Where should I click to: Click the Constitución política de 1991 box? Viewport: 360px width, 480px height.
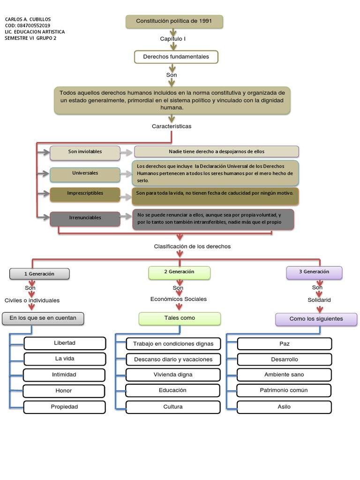point(174,22)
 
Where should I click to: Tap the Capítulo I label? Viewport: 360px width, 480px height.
point(172,39)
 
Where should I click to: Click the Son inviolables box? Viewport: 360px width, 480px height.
point(85,152)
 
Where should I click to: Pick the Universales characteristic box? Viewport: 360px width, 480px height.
point(85,173)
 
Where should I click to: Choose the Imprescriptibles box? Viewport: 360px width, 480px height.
point(85,194)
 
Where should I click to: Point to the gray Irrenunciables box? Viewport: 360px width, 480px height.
point(85,218)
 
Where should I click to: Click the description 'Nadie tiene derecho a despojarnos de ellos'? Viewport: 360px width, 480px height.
point(216,152)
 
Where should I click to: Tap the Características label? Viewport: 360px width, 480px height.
point(172,126)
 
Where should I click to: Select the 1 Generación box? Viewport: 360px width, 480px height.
point(39,274)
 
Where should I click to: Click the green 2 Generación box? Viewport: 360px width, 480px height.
point(179,272)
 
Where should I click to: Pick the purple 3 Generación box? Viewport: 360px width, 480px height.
point(314,272)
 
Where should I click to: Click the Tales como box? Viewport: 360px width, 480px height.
point(180,318)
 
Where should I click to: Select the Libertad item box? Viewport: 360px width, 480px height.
point(65,343)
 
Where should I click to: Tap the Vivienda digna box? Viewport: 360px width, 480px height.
point(173,375)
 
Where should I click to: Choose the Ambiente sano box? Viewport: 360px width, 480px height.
point(284,375)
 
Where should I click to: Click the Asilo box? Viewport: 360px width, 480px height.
point(284,407)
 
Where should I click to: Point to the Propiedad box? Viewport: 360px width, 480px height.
point(65,407)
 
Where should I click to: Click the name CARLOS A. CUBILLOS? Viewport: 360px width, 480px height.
point(28,19)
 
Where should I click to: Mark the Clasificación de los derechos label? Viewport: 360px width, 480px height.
point(192,247)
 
